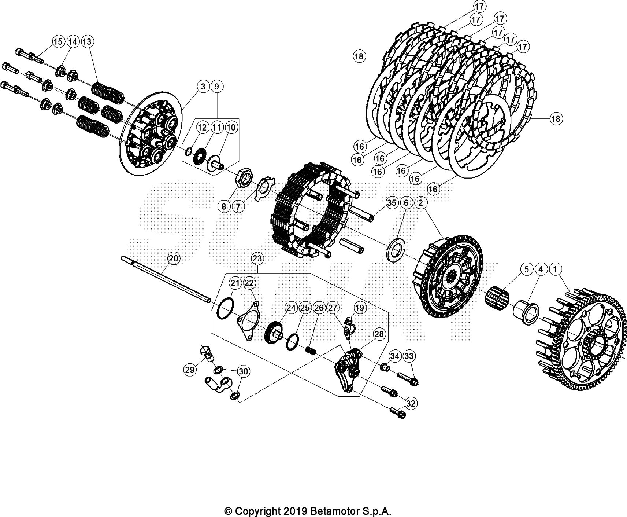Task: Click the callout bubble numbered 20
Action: (x=174, y=258)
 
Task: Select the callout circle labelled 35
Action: (x=392, y=203)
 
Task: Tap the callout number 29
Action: (x=190, y=370)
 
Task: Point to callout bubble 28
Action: (x=379, y=334)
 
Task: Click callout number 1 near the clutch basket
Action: (x=555, y=269)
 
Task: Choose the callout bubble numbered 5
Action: (x=526, y=269)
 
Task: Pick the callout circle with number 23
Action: (x=257, y=258)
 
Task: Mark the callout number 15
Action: (x=58, y=42)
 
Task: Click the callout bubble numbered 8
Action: (x=224, y=206)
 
